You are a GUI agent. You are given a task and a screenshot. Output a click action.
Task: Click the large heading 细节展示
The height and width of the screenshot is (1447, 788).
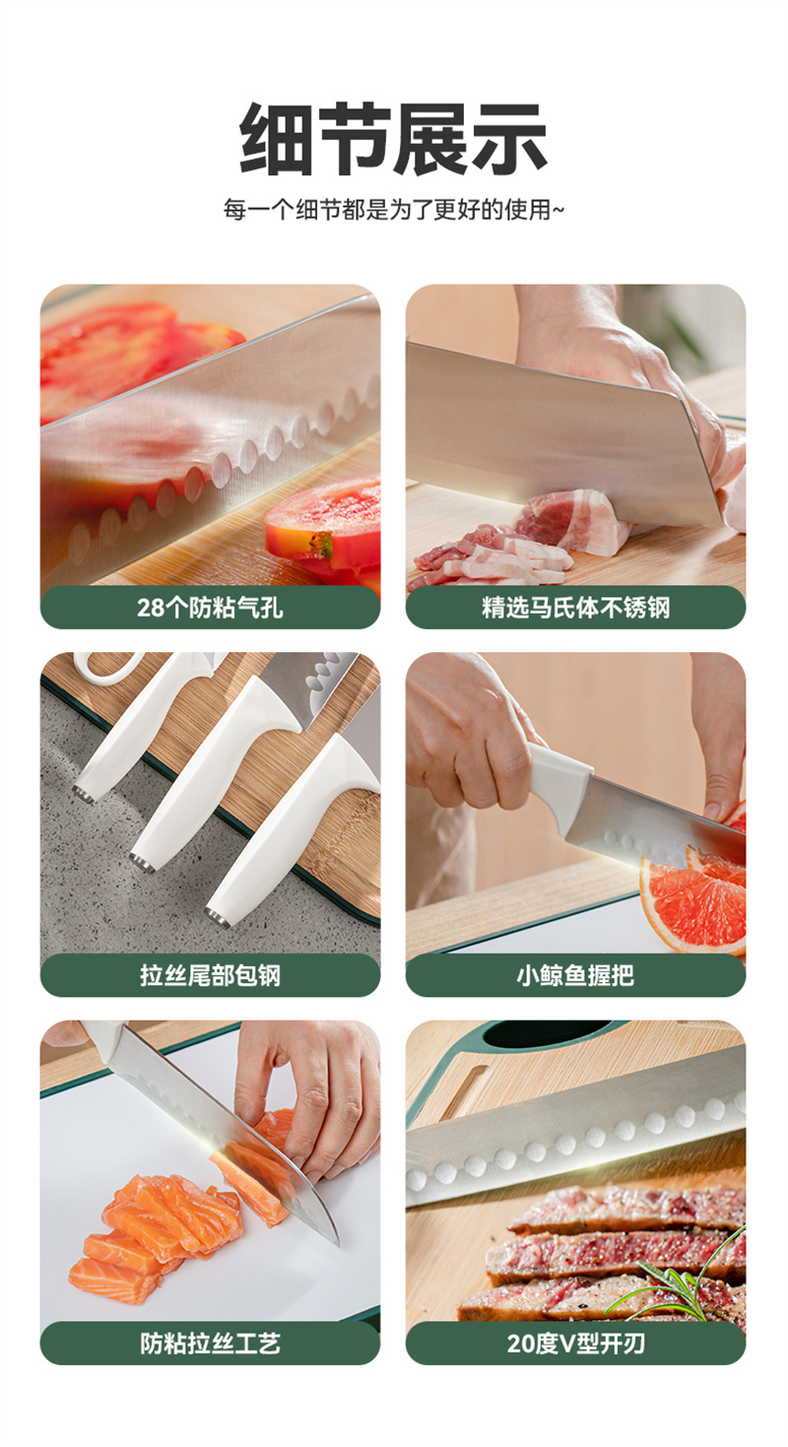[393, 138]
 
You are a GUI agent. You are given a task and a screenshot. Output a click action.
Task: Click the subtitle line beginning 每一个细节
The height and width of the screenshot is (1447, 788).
[393, 210]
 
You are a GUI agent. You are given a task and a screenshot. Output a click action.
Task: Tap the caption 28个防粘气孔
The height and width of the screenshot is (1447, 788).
[210, 608]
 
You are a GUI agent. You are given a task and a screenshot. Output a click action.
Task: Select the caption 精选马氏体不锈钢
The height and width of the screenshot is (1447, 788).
[575, 608]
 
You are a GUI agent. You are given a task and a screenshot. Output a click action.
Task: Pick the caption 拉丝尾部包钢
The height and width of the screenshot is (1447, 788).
[210, 975]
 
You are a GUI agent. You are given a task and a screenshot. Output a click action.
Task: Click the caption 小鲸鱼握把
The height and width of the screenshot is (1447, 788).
[575, 975]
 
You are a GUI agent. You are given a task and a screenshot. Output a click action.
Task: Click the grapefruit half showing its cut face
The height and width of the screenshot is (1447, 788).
[694, 901]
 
